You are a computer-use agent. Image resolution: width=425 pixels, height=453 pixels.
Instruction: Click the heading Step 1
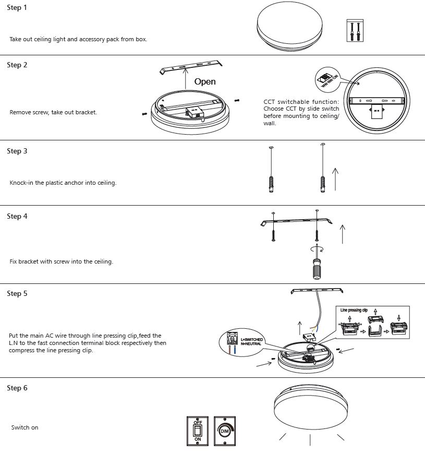pos(17,8)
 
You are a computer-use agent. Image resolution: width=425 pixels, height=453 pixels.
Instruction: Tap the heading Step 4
pos(17,216)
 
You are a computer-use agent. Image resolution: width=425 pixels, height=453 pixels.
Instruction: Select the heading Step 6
pos(17,388)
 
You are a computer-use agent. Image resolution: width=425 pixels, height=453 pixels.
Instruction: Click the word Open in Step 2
pos(205,81)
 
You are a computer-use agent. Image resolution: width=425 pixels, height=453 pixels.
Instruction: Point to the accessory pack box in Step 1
pos(355,31)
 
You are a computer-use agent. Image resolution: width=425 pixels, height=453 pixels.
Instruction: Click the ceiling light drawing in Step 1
pos(295,28)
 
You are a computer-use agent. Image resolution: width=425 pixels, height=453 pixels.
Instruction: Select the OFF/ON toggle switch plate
pos(198,431)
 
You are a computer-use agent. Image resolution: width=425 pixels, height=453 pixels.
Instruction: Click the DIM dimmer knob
pos(225,431)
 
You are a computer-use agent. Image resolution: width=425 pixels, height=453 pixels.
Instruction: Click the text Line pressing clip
pos(357,310)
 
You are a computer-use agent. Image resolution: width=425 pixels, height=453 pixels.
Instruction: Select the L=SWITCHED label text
pos(252,340)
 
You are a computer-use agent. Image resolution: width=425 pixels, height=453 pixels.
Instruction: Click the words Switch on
pos(25,427)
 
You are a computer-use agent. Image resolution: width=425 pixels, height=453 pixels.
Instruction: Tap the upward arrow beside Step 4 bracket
pos(342,234)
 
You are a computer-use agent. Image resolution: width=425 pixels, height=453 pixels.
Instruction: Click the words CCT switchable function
pos(301,102)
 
